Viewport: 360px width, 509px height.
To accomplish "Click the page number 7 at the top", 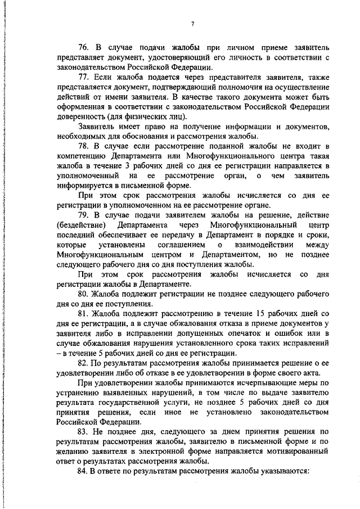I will pyautogui.click(x=192, y=24).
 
